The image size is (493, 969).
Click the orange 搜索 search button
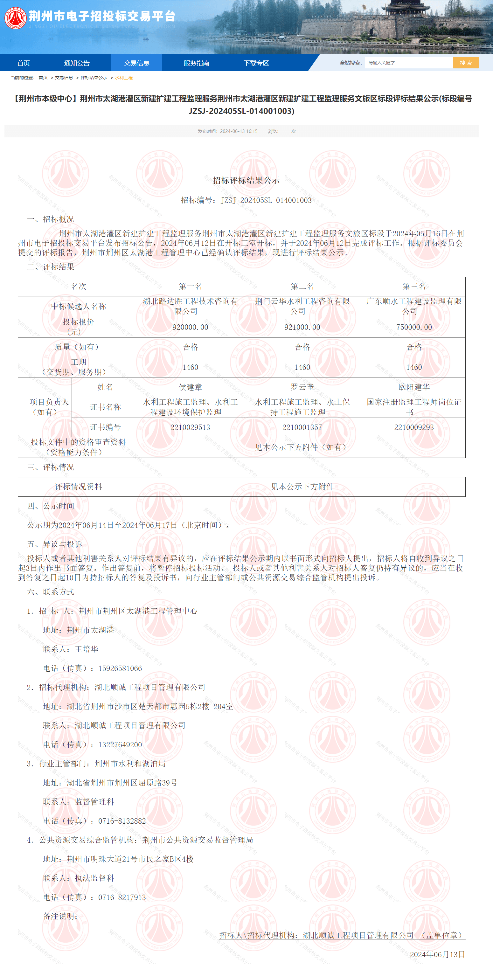tap(466, 63)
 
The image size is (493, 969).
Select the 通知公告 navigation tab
tap(77, 63)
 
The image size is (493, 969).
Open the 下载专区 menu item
tap(256, 63)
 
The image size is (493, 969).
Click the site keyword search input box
tap(408, 63)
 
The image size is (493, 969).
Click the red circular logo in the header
tap(16, 18)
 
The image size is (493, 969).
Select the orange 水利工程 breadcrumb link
tap(123, 78)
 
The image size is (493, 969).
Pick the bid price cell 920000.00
tap(190, 327)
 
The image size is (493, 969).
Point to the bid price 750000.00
tap(414, 327)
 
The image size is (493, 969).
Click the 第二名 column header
tap(302, 286)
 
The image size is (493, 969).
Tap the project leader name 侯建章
tap(190, 387)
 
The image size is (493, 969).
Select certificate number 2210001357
tap(302, 427)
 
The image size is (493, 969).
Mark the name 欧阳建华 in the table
tap(414, 387)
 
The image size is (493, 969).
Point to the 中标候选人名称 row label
tap(79, 306)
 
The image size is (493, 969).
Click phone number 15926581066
tap(120, 668)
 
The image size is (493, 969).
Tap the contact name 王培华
tap(87, 649)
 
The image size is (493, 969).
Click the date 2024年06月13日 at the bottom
tap(437, 954)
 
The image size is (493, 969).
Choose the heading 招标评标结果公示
tap(246, 181)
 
